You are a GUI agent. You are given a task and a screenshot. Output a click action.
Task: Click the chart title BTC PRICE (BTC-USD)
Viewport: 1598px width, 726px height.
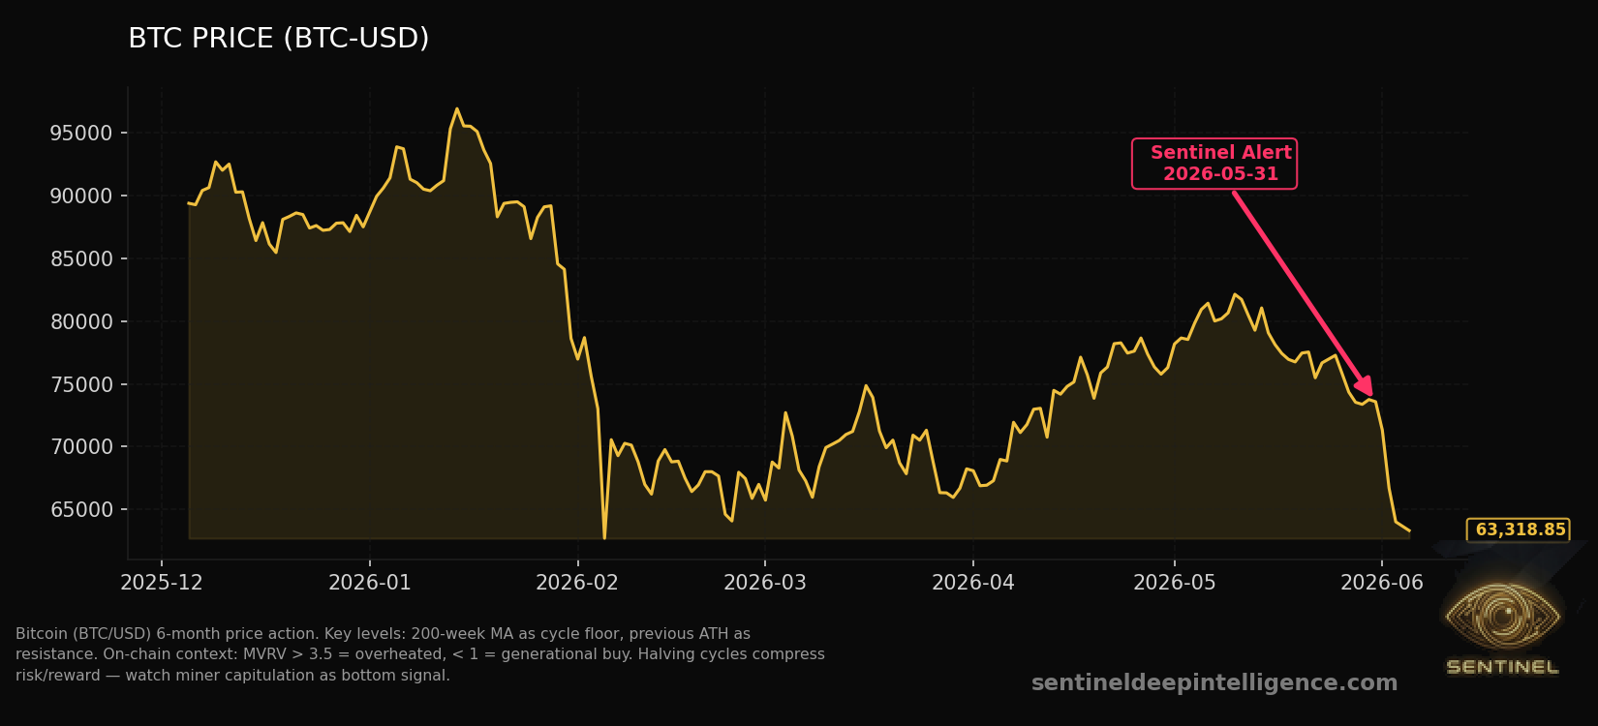(278, 39)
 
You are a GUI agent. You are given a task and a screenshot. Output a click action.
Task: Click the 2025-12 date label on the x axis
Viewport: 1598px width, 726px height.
(162, 583)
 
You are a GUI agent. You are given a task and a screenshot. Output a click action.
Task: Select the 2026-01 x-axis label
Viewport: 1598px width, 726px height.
(370, 583)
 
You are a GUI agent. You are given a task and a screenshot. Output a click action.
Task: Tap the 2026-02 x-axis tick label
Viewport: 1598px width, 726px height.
(577, 583)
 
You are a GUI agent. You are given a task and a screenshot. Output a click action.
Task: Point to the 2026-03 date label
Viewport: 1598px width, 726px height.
(765, 583)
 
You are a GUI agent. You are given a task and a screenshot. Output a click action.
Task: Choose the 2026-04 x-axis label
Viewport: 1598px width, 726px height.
(973, 583)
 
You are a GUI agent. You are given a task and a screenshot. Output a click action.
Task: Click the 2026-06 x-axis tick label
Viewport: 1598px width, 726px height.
(1382, 583)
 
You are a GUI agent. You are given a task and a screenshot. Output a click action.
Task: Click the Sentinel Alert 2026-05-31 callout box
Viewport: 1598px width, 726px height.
(1214, 164)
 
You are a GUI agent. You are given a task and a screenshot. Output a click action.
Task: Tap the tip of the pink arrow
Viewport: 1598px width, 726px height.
(1371, 396)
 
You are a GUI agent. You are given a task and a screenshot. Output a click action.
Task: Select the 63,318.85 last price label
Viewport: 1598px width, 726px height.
(1519, 529)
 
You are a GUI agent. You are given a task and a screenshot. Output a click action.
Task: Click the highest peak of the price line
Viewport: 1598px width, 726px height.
(456, 109)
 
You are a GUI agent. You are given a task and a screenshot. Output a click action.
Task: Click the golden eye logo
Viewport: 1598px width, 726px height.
(1502, 617)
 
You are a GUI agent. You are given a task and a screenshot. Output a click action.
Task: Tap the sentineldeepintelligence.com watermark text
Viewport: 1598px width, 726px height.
(1214, 682)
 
